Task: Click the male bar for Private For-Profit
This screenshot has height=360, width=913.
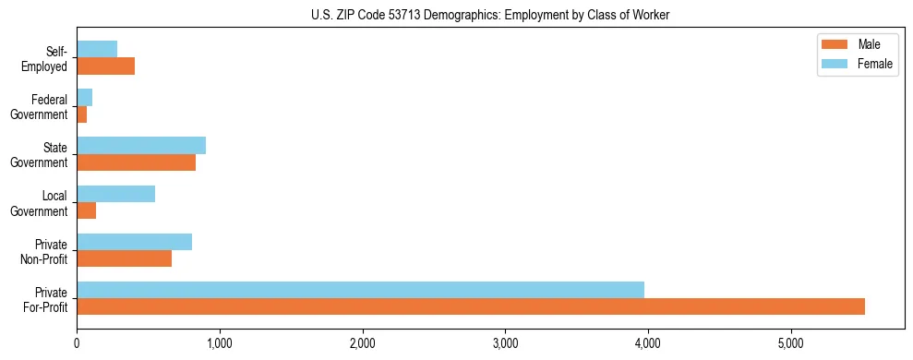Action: click(x=471, y=306)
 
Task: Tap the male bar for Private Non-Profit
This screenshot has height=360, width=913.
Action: click(x=124, y=258)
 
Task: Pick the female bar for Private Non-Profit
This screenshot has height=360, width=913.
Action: click(x=134, y=242)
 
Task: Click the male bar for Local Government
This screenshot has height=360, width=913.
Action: click(x=87, y=210)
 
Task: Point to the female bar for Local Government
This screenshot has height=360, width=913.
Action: click(x=115, y=194)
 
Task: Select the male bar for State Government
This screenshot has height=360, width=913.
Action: click(x=136, y=162)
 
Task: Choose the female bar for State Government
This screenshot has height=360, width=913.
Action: click(x=141, y=146)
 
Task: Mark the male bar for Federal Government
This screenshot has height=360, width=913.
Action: click(x=82, y=114)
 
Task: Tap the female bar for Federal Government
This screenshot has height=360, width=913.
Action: click(x=85, y=98)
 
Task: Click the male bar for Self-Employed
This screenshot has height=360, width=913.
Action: click(x=105, y=66)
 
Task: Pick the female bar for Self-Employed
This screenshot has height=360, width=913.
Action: click(x=97, y=49)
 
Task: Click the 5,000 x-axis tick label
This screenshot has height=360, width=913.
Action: click(x=790, y=343)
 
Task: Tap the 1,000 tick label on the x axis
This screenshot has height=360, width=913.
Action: click(x=220, y=343)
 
